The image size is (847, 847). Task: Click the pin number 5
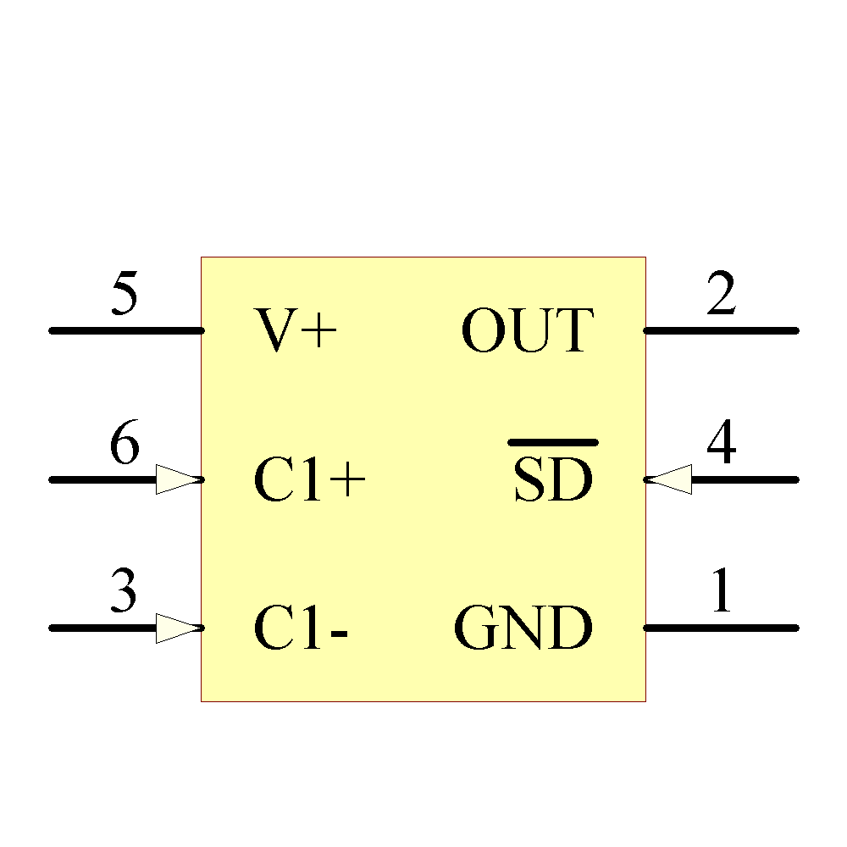point(124,295)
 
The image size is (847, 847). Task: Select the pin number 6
point(124,445)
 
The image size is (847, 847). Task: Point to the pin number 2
point(721,295)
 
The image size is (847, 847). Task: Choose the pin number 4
point(721,445)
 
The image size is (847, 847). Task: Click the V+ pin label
point(296,330)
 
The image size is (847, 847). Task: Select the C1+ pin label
point(309,481)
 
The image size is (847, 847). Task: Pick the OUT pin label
point(526,330)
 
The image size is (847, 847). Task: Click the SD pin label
point(552,481)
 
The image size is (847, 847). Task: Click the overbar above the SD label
point(552,442)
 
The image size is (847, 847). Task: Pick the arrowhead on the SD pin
point(669,479)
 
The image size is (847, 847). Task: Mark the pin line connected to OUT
point(721,330)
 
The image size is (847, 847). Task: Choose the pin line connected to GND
point(721,628)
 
